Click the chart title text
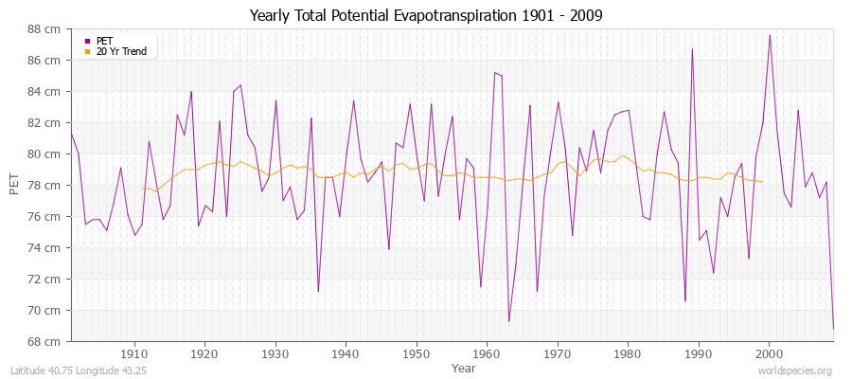click(425, 15)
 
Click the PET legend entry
click(104, 41)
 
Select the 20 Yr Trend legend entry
click(121, 51)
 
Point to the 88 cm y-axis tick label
click(44, 29)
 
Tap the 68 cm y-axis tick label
click(44, 341)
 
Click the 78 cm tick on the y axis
click(44, 185)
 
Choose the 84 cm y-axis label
click(44, 92)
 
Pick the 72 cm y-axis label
click(44, 279)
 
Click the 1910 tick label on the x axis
click(134, 353)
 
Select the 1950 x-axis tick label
click(416, 353)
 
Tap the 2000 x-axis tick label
click(769, 353)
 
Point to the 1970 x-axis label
click(557, 353)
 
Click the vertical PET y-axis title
click(13, 185)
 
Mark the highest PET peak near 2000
click(770, 35)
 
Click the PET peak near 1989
click(692, 49)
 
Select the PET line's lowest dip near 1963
click(508, 321)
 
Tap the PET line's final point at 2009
click(833, 328)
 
